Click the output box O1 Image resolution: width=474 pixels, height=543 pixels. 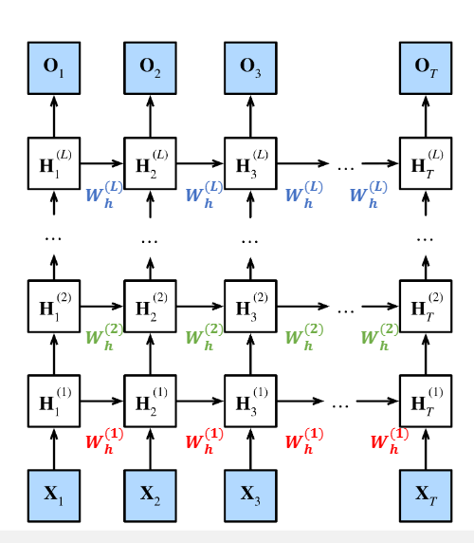[x=54, y=68]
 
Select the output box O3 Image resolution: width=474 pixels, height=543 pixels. [x=250, y=68]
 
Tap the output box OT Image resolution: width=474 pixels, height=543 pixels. [x=426, y=68]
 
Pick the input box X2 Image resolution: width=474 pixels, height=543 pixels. [x=150, y=496]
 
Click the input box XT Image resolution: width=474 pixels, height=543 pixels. [x=426, y=496]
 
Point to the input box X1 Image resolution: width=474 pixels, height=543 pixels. [x=54, y=496]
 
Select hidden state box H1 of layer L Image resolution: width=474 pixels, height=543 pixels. [x=54, y=163]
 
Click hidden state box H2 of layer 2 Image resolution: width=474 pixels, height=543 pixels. [x=150, y=306]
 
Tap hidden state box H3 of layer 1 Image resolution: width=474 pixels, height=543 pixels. [x=250, y=401]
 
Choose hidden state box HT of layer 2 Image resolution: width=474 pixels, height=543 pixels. [x=426, y=306]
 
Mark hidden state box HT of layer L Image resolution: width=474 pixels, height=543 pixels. [x=426, y=163]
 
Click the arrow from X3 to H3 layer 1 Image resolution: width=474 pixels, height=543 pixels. [x=250, y=449]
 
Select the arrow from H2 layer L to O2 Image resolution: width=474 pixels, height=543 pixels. [x=150, y=117]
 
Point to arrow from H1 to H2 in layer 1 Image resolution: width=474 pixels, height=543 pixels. [x=102, y=401]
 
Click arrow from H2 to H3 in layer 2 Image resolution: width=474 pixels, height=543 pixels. [x=200, y=306]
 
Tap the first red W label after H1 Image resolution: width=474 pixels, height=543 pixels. [x=104, y=440]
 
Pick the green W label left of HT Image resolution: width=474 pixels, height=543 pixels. [x=379, y=337]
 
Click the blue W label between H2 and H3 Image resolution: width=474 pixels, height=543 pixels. [x=204, y=195]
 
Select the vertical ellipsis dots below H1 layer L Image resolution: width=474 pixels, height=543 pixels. [x=53, y=238]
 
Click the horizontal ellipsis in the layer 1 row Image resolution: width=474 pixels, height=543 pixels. [x=340, y=405]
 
